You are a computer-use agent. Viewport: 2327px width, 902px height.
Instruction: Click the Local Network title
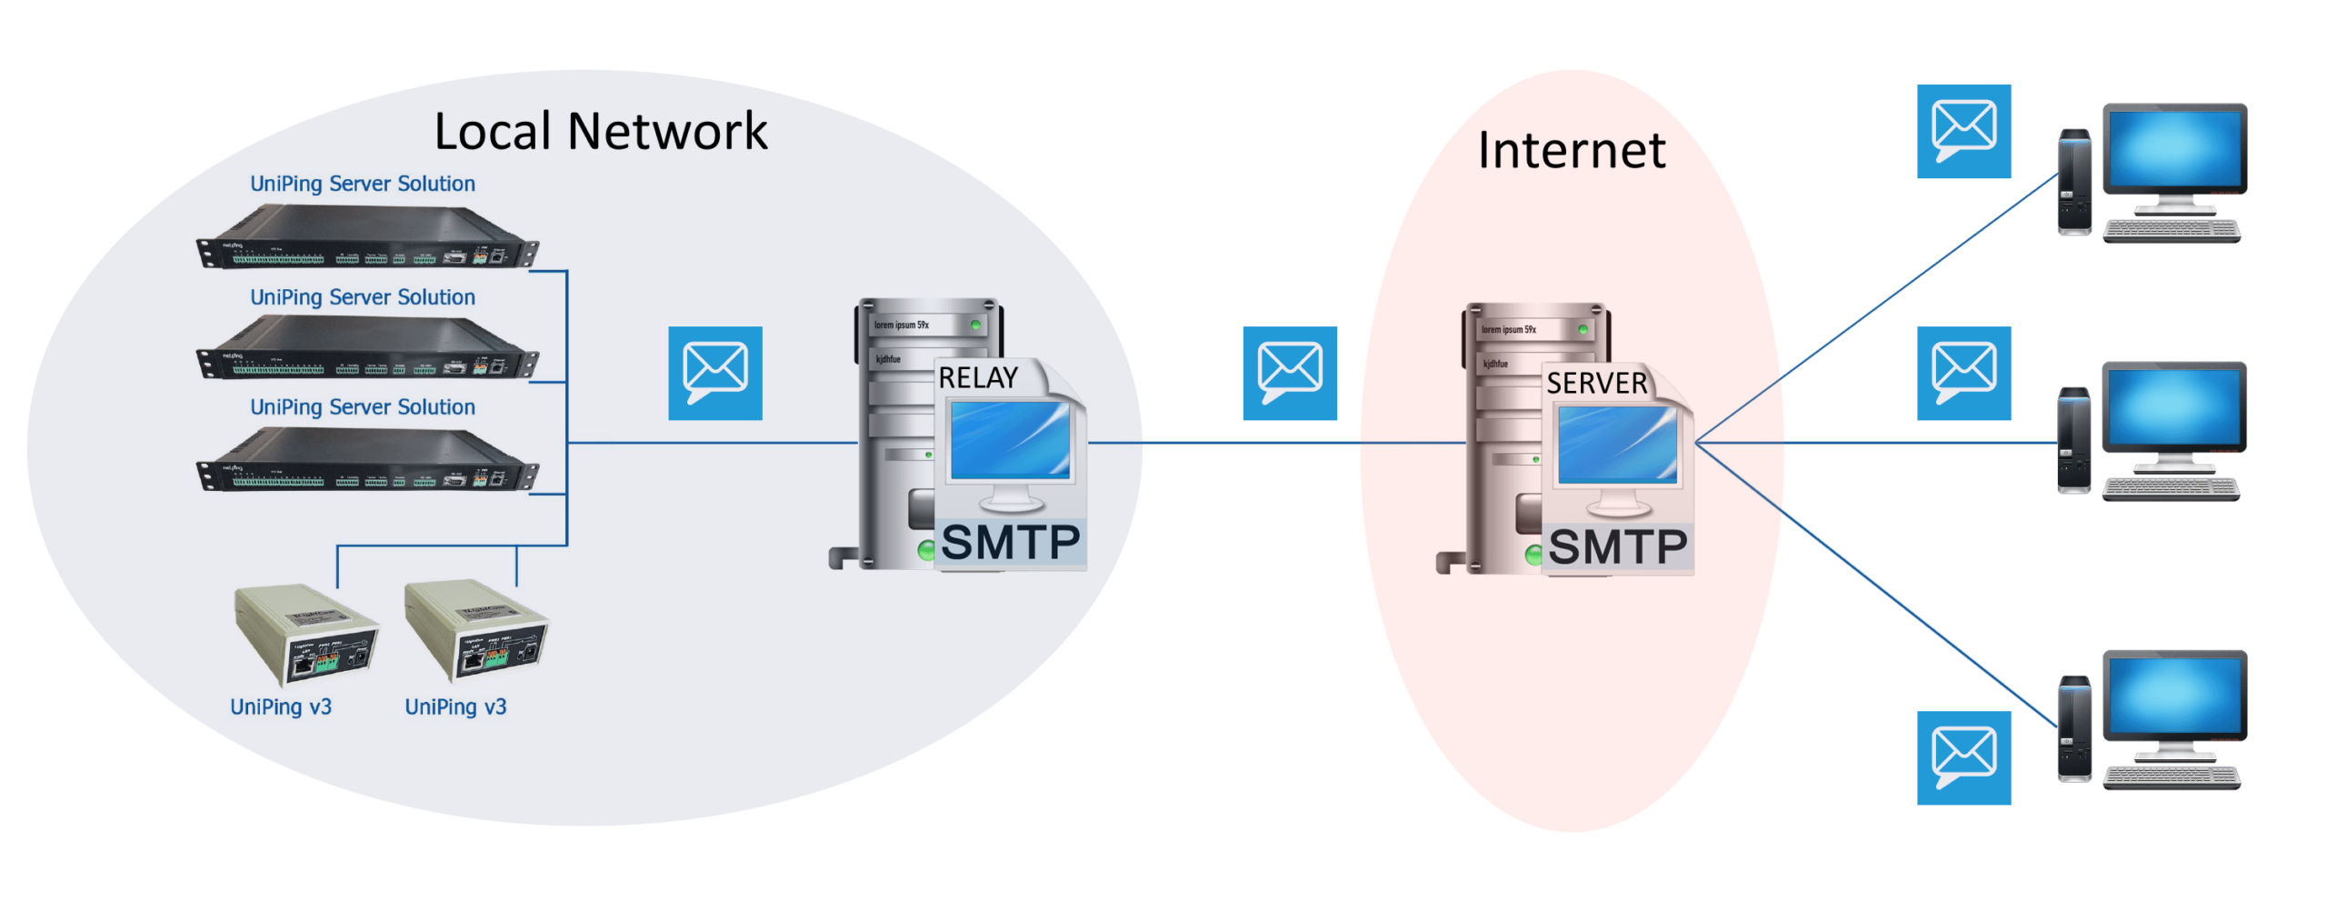pyautogui.click(x=600, y=132)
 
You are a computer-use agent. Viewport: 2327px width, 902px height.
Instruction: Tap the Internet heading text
pyautogui.click(x=1571, y=150)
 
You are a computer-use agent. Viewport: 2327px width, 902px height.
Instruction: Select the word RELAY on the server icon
pyautogui.click(x=977, y=377)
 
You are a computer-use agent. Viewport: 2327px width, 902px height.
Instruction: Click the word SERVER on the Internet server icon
pyautogui.click(x=1596, y=383)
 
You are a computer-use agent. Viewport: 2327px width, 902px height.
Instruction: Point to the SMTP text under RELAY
pyautogui.click(x=1010, y=543)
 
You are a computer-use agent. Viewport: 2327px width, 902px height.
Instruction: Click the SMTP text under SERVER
pyautogui.click(x=1617, y=547)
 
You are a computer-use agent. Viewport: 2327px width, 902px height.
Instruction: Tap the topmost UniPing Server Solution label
pyautogui.click(x=362, y=184)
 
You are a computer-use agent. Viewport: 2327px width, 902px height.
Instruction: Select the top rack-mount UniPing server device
pyautogui.click(x=366, y=238)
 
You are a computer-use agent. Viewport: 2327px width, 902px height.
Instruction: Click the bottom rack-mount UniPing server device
pyautogui.click(x=366, y=461)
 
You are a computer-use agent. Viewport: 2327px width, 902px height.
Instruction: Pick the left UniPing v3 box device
pyautogui.click(x=306, y=635)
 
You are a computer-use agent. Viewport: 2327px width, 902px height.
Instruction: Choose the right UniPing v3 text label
pyautogui.click(x=454, y=707)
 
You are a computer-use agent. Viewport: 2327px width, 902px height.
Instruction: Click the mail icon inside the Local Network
pyautogui.click(x=714, y=373)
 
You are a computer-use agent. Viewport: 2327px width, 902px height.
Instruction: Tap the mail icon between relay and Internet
pyautogui.click(x=1289, y=373)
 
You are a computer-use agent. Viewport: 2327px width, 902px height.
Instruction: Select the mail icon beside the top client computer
pyautogui.click(x=1962, y=131)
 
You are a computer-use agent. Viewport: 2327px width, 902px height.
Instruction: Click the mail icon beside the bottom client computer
pyautogui.click(x=1962, y=757)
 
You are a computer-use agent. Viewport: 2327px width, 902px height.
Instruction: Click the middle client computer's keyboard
pyautogui.click(x=2171, y=489)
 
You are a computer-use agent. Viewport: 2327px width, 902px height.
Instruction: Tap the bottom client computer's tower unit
pyautogui.click(x=2073, y=728)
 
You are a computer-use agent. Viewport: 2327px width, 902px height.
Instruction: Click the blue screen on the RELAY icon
pyautogui.click(x=1009, y=440)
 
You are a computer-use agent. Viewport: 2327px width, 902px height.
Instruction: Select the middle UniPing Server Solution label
pyautogui.click(x=362, y=297)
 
